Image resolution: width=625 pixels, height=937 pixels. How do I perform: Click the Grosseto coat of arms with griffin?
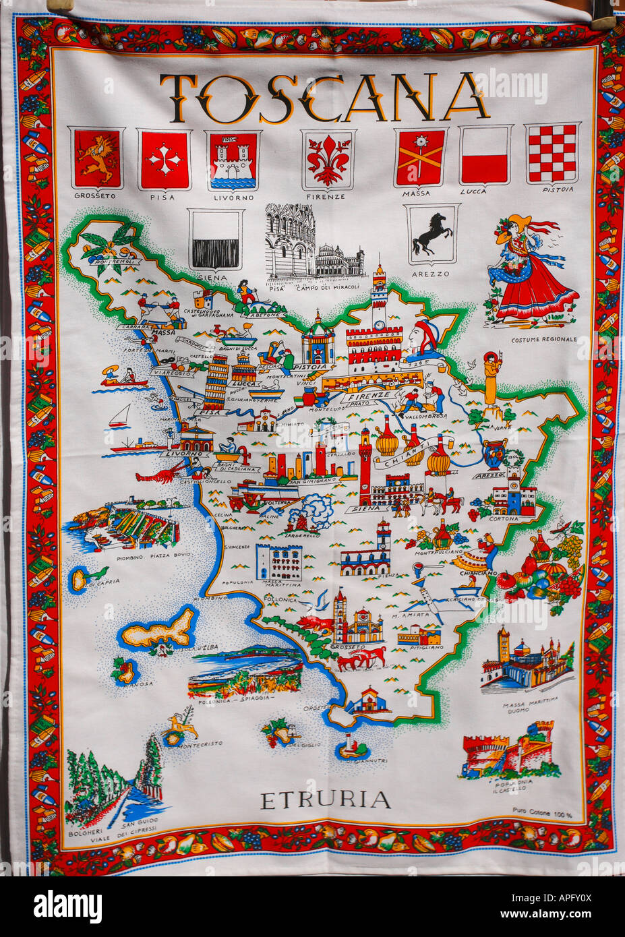(x=96, y=159)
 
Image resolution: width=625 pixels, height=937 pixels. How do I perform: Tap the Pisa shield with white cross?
(x=164, y=160)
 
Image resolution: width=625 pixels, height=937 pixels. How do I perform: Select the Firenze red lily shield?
(x=328, y=159)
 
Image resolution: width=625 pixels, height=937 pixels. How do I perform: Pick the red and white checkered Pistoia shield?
(x=552, y=154)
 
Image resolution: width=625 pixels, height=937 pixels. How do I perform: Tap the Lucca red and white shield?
(x=484, y=155)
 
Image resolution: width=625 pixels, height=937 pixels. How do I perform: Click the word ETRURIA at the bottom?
(x=325, y=801)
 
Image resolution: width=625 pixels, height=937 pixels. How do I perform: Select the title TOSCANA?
(x=323, y=98)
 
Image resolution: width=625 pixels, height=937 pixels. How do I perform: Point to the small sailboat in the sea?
(x=120, y=417)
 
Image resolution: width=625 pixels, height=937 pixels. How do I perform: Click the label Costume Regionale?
(x=543, y=339)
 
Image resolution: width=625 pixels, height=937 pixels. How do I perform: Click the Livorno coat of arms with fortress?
(x=233, y=160)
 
